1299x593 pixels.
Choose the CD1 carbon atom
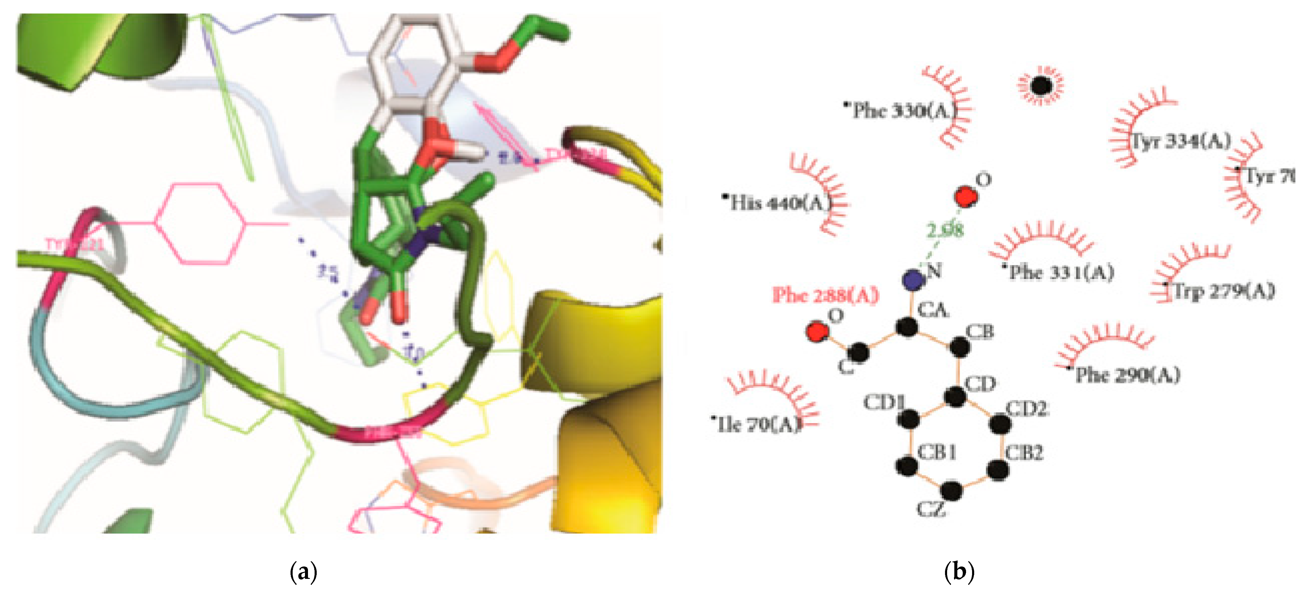point(909,418)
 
